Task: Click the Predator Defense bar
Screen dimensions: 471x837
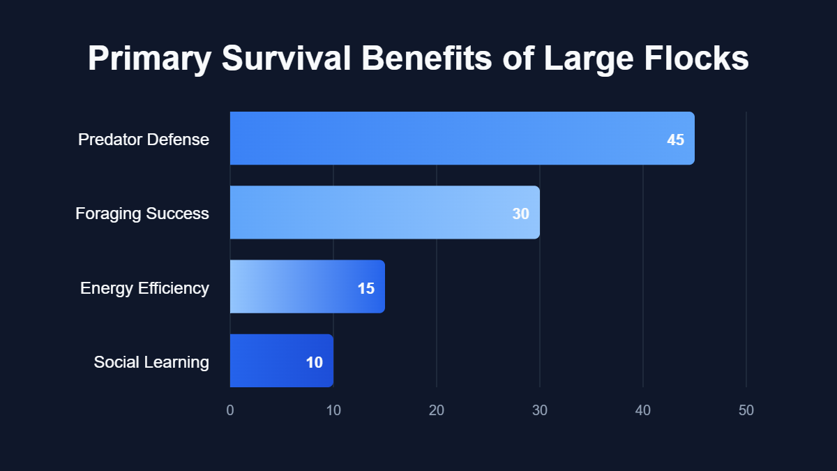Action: pos(462,138)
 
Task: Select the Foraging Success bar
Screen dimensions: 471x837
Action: pos(384,212)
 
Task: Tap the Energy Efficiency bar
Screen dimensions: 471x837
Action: pos(307,287)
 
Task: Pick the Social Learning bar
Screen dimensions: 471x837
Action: pos(281,361)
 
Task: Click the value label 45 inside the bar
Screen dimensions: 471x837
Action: pos(675,140)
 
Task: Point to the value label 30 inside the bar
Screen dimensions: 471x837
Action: pos(520,214)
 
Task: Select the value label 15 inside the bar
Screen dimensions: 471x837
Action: pos(365,287)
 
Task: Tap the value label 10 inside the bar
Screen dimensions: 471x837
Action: pos(314,362)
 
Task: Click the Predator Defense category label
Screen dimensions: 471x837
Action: pos(143,140)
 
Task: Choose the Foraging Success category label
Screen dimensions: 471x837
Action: pos(142,214)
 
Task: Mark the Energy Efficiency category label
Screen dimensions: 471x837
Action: pos(144,287)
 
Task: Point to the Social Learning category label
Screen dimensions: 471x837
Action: pos(151,362)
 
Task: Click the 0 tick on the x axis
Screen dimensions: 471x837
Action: pos(230,410)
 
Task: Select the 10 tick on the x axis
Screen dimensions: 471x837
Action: pos(333,410)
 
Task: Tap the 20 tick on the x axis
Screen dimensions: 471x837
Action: pos(437,410)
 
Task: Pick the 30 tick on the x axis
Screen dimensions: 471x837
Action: pos(540,410)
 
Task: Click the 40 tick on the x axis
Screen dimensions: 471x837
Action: pos(643,410)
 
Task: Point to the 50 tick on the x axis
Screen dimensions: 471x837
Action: pos(746,410)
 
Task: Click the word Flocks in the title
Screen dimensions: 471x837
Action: pos(695,59)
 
